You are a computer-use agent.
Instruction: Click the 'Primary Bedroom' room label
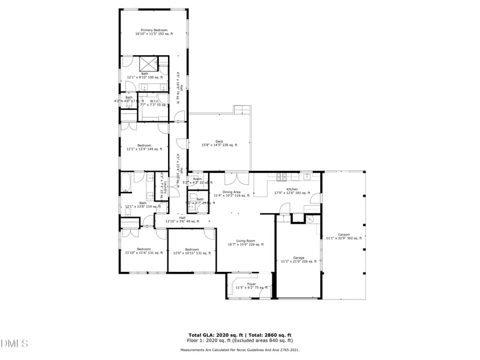tap(154, 30)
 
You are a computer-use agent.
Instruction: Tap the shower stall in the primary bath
tap(148, 64)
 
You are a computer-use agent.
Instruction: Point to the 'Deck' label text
tap(219, 142)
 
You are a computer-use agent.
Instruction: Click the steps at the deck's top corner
tap(242, 110)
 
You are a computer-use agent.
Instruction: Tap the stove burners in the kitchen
tap(281, 177)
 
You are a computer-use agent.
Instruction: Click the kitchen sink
tap(306, 176)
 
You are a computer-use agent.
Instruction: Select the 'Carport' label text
tap(344, 235)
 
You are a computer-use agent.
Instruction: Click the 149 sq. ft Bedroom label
tap(144, 145)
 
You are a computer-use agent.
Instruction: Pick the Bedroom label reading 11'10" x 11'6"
tap(143, 249)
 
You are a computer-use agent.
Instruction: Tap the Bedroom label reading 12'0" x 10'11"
tap(191, 250)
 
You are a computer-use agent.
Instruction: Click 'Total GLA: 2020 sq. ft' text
tap(214, 335)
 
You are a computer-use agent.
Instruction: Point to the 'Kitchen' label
tap(292, 189)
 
